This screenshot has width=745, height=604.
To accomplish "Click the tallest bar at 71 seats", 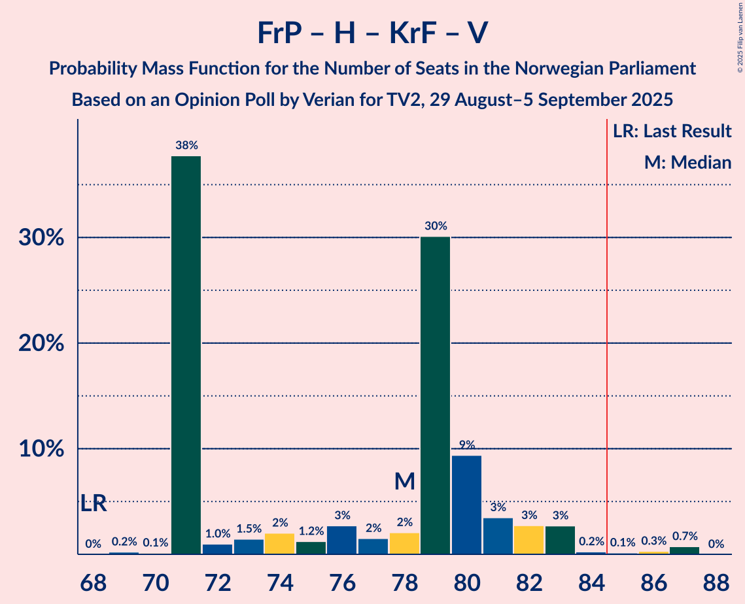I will click(186, 355).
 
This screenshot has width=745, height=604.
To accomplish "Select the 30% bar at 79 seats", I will click(435, 395).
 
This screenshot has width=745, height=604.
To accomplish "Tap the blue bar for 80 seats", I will click(466, 505).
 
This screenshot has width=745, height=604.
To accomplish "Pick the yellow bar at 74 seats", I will click(279, 544).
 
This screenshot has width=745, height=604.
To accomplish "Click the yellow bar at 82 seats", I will click(528, 540).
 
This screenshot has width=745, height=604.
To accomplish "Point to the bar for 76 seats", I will click(341, 540).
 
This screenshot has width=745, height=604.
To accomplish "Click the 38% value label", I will click(186, 145).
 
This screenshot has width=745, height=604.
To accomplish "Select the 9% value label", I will click(466, 445).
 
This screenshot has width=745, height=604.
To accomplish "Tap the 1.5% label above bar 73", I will click(249, 529).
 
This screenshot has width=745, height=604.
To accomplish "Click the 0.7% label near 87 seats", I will click(684, 536).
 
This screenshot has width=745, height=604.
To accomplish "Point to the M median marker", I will click(405, 482).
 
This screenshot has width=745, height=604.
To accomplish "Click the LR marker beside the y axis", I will click(94, 504).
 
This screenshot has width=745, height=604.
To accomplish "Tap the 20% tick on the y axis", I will click(40, 343).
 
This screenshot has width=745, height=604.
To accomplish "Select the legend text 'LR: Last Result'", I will click(672, 131).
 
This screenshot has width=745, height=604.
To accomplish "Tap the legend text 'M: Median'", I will click(687, 162).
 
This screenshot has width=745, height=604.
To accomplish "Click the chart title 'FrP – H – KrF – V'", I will click(372, 33).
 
